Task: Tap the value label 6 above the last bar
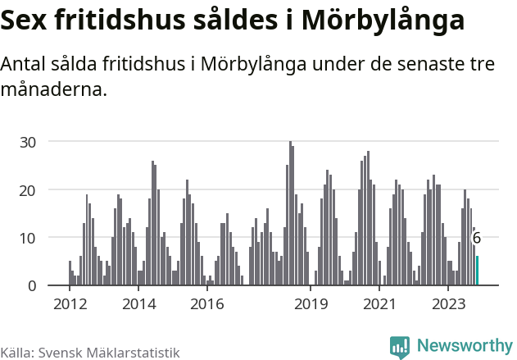(x=477, y=238)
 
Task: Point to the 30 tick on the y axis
(x=29, y=142)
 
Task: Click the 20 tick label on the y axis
(x=29, y=189)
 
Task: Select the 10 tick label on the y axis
(x=29, y=238)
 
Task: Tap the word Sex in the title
(x=28, y=21)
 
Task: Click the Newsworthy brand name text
(x=465, y=346)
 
